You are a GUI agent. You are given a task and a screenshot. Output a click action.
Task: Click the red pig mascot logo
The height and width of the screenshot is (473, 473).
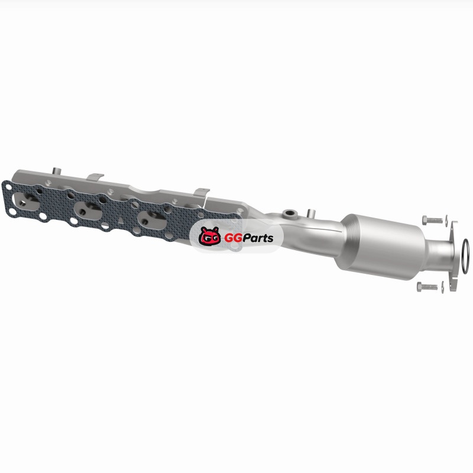point(210,236)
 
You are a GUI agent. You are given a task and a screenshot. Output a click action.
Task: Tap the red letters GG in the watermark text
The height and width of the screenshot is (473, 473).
point(233,239)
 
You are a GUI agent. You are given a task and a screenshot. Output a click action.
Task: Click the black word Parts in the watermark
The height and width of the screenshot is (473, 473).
point(258,238)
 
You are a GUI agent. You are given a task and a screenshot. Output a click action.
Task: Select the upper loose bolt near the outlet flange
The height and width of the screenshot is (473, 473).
point(433,220)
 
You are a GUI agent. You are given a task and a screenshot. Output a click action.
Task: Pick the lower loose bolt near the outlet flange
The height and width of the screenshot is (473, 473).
point(427,287)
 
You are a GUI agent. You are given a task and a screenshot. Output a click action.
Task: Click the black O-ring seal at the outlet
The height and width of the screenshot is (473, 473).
point(465,256)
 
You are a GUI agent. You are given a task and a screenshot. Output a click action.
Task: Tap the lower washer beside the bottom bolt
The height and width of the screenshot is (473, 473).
point(442,287)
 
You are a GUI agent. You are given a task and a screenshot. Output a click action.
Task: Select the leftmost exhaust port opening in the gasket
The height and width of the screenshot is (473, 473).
point(27,202)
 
